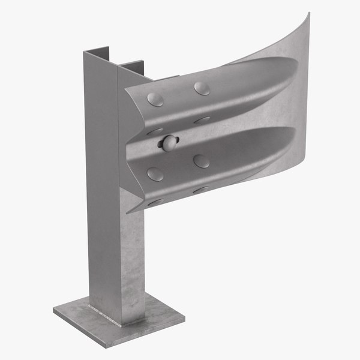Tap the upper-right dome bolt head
click(x=201, y=88)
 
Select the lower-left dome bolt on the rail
click(x=155, y=174)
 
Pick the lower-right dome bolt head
click(x=202, y=161)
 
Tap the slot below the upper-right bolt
click(x=202, y=120)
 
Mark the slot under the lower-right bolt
click(x=202, y=190)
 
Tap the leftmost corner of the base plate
click(x=53, y=311)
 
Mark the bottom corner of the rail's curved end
click(x=308, y=161)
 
